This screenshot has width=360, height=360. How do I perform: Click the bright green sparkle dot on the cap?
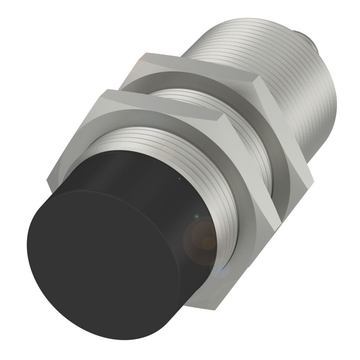click(196, 216)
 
